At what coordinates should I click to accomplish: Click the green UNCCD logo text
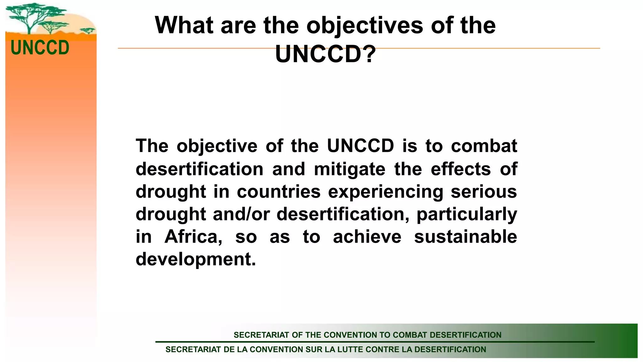click(x=40, y=48)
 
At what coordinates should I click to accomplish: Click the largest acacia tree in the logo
click(x=30, y=16)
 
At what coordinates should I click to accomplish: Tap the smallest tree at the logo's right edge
click(x=88, y=30)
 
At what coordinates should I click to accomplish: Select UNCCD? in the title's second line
click(x=325, y=54)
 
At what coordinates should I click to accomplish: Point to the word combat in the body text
click(x=484, y=146)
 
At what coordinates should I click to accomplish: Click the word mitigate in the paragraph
click(x=349, y=169)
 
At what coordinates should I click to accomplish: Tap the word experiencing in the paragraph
click(x=386, y=192)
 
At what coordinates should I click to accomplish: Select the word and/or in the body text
click(x=241, y=214)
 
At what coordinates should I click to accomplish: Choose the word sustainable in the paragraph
click(x=465, y=237)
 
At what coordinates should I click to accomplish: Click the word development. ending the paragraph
click(x=196, y=259)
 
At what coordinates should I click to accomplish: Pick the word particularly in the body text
click(x=467, y=214)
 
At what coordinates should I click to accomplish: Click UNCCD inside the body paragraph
click(x=360, y=146)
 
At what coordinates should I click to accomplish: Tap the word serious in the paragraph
click(x=484, y=192)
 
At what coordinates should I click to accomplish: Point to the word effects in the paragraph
click(x=461, y=169)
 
